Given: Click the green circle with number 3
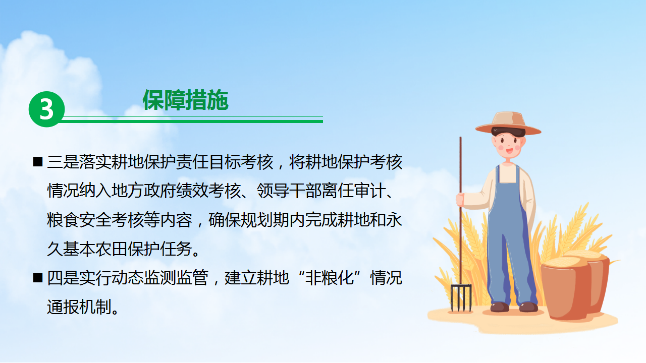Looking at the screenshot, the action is [x=46, y=109].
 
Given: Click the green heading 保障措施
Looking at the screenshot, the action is [x=186, y=100].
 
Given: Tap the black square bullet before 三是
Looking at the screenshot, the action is [x=38, y=162].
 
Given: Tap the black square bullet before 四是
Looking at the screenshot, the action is [x=38, y=278].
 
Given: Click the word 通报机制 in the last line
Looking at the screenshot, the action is [x=79, y=307].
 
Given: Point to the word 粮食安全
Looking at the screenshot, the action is [x=79, y=220].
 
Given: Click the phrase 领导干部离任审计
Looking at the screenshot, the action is [x=321, y=191].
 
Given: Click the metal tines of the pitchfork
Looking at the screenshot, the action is [x=461, y=298].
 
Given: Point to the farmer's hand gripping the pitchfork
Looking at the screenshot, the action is [x=460, y=199].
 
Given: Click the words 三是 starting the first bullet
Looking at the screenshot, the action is [x=63, y=162].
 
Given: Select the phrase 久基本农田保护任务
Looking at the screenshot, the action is [x=120, y=249].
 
